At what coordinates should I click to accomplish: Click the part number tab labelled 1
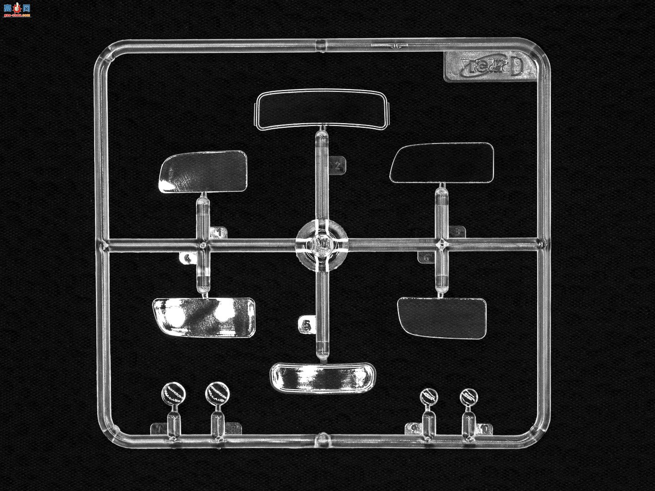220,233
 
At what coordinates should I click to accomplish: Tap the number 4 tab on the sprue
186,259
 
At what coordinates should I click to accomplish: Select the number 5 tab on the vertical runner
306,325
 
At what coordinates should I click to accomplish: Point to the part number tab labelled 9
413,428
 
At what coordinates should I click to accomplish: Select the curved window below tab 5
322,377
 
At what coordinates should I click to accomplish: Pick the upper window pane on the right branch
441,162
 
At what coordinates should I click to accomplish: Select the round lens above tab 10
469,397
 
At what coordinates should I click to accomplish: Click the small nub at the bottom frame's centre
321,437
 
